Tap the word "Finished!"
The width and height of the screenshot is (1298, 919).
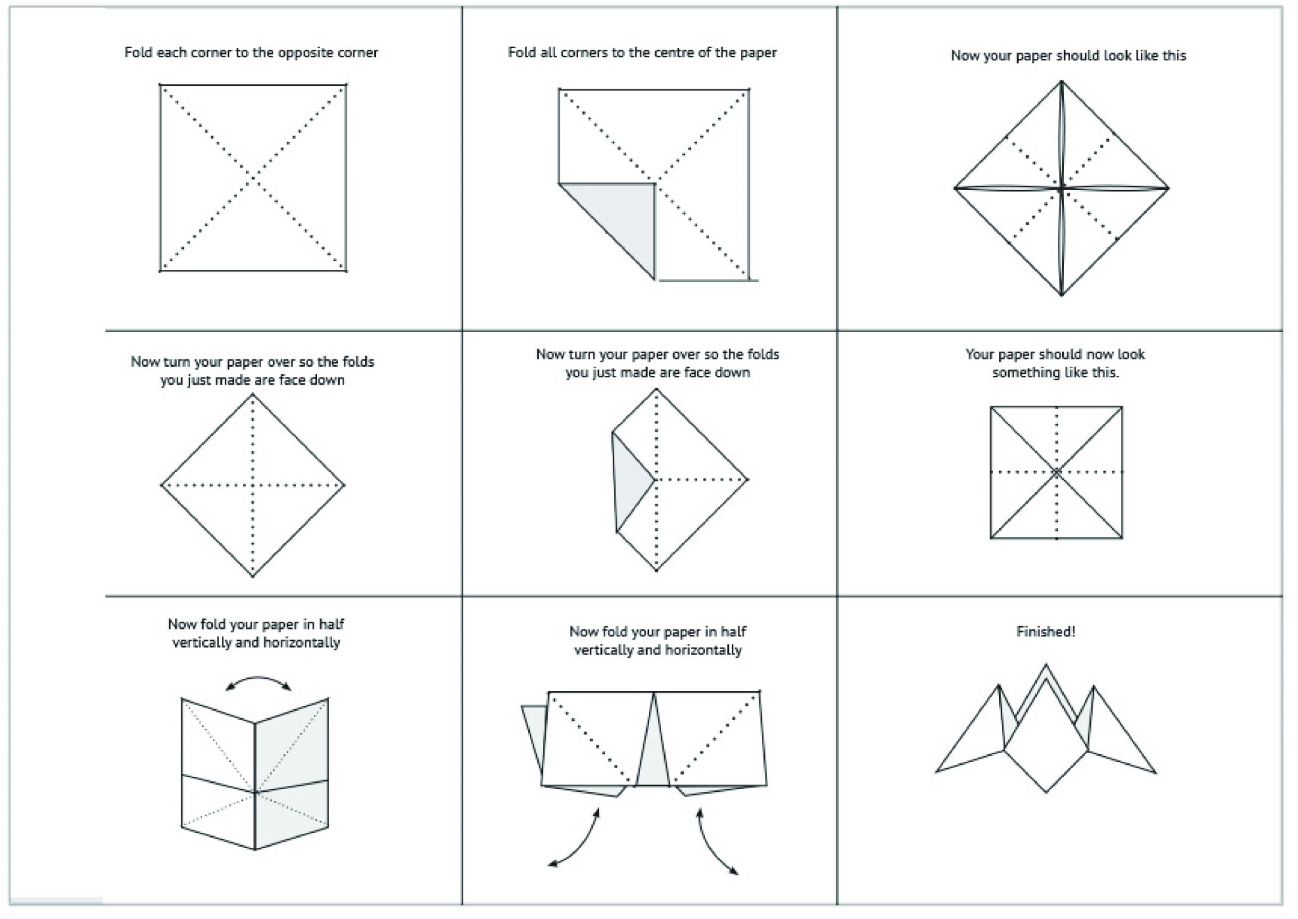pos(1046,631)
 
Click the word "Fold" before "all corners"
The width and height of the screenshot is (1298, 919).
pos(522,53)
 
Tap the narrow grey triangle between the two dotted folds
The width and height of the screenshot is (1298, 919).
pos(653,748)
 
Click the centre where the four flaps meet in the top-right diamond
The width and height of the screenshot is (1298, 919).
pos(1062,188)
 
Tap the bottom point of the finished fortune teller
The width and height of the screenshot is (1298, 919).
pos(1046,793)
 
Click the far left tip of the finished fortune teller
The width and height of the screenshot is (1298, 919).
pos(936,772)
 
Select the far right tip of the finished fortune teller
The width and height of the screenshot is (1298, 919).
pos(1156,773)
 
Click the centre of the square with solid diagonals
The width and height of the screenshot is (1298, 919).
pos(1057,472)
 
